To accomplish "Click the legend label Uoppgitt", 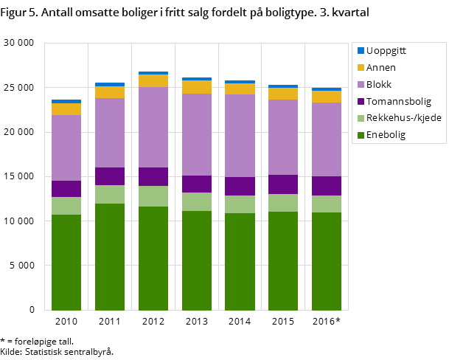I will [386, 51].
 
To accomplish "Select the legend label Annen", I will [381, 68].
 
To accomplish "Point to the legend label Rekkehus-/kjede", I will [404, 119].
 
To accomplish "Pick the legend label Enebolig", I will [386, 136].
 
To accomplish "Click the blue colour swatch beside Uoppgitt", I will [361, 51].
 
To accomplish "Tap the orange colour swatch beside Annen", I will [361, 68].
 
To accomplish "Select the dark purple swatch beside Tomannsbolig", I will [361, 102].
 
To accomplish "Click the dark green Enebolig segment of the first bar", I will [66, 262].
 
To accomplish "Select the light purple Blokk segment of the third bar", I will [153, 127].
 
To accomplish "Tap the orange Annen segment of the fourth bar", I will [196, 87].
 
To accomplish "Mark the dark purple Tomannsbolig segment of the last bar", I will [326, 186].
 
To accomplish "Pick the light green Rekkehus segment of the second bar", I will [110, 194].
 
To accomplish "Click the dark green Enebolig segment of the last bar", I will [326, 261].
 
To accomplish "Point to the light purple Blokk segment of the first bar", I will [66, 148].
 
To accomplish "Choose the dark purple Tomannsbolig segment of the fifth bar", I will [240, 186].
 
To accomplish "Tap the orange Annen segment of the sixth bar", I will [283, 94].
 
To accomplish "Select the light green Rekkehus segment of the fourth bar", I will [196, 201].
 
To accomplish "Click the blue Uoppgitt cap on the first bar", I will [66, 101].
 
